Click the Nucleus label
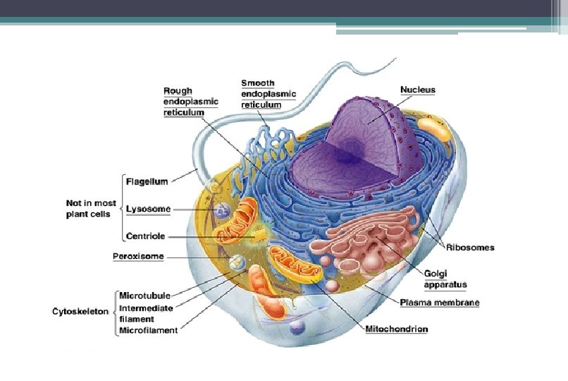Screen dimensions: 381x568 pos(417,90)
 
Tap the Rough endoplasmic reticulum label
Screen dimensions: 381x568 pos(190,101)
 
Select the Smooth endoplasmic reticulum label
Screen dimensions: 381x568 pos(268,94)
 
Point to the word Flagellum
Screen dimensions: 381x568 pos(147,181)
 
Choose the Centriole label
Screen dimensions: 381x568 pos(146,236)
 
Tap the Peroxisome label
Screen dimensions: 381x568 pos(138,255)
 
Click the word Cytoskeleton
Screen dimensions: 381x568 pos(80,310)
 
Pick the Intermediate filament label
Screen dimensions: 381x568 pos(146,313)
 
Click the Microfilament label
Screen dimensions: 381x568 pos(148,329)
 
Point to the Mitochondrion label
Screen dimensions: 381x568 pos(396,329)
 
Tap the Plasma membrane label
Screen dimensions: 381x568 pos(440,303)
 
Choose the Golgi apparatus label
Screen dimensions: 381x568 pos(445,279)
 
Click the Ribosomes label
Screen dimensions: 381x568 pos(471,247)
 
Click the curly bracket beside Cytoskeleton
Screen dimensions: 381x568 pos(114,311)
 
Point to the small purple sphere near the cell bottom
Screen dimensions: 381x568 pos(297,327)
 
